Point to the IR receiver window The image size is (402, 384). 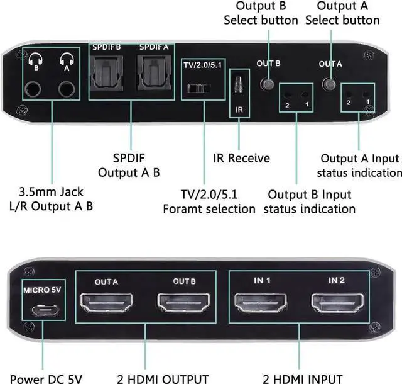point(239,84)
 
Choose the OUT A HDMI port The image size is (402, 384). point(109,305)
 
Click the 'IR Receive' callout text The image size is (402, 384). point(239,158)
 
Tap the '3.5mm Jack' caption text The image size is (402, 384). point(52,191)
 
